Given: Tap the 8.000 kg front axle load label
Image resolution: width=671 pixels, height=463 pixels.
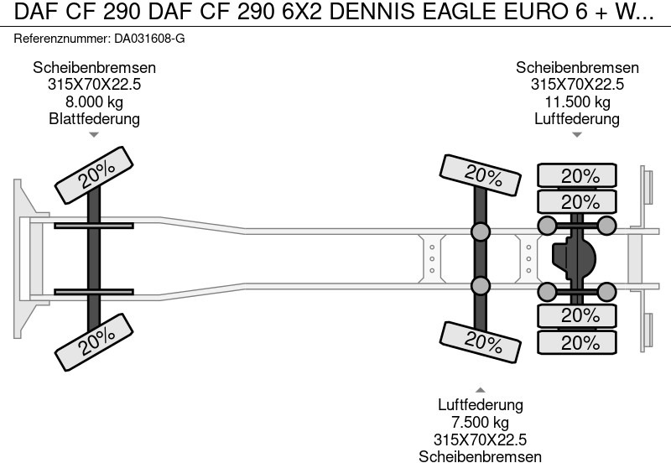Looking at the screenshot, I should pyautogui.click(x=94, y=101).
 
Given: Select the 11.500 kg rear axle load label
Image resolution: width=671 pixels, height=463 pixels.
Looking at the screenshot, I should pyautogui.click(x=577, y=101).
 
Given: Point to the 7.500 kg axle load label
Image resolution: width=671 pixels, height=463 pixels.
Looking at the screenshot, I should pyautogui.click(x=480, y=422).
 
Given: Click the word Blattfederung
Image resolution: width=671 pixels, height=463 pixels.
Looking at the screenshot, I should pyautogui.click(x=94, y=118).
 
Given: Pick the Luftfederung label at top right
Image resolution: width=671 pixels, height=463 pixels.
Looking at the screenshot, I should pyautogui.click(x=577, y=118).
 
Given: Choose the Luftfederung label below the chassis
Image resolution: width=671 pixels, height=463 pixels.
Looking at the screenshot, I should pyautogui.click(x=480, y=405).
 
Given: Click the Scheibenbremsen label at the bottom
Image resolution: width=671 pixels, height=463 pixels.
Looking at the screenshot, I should pyautogui.click(x=480, y=455).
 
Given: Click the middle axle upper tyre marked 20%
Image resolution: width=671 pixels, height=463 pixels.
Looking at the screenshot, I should pyautogui.click(x=482, y=177).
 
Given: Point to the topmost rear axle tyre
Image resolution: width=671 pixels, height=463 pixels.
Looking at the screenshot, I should pyautogui.click(x=577, y=176).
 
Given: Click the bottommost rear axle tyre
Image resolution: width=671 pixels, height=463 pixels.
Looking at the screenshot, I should pyautogui.click(x=577, y=343).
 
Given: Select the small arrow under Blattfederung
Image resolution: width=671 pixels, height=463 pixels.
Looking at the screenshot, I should pyautogui.click(x=94, y=135).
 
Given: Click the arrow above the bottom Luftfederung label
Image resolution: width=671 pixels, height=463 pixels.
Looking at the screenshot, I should pyautogui.click(x=480, y=390).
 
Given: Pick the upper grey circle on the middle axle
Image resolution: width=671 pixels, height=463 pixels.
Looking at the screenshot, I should pyautogui.click(x=480, y=231).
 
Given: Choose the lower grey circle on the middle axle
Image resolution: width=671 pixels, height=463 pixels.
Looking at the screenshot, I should pyautogui.click(x=480, y=286).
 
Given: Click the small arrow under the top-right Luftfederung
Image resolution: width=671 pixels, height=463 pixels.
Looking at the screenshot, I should pyautogui.click(x=577, y=135).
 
